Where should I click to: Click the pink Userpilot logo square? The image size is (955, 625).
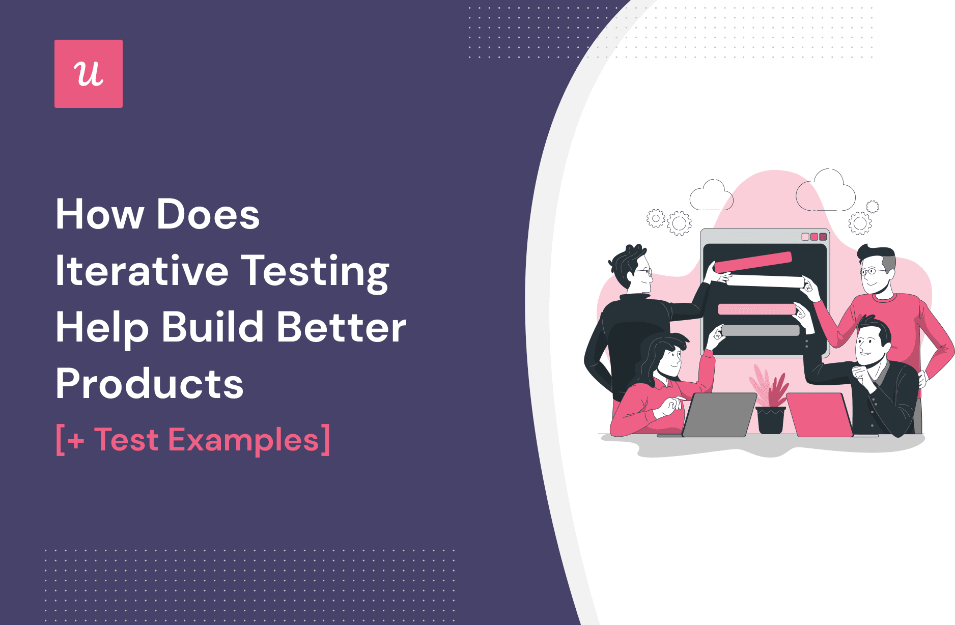[x=89, y=74]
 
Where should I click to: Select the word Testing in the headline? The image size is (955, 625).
[x=315, y=272]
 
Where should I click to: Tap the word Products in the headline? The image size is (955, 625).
[x=150, y=384]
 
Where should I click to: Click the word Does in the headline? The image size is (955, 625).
[x=208, y=215]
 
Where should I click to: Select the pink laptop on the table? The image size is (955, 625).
[x=820, y=414]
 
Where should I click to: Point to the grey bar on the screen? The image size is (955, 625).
[x=761, y=330]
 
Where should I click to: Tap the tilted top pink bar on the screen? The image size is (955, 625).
[x=753, y=262]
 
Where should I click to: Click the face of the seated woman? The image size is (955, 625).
[x=670, y=359]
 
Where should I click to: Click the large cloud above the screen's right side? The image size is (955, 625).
[x=826, y=191]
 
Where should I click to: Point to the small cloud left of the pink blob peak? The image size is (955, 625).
[x=711, y=196]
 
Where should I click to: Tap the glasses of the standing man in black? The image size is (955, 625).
[x=642, y=272]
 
